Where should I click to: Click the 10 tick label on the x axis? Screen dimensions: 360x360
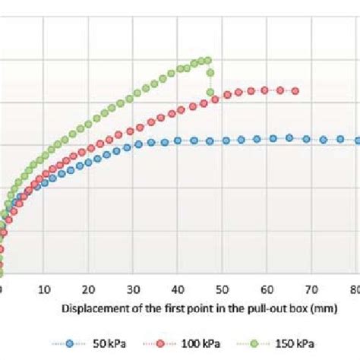(45, 289)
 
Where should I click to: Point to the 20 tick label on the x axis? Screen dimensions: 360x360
(89, 289)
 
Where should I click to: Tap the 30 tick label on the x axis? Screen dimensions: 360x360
(134, 289)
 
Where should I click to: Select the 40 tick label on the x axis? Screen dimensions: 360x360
(178, 289)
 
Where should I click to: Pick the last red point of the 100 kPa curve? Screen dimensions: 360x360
(295, 91)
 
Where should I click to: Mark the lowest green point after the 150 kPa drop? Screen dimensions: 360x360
(210, 93)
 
